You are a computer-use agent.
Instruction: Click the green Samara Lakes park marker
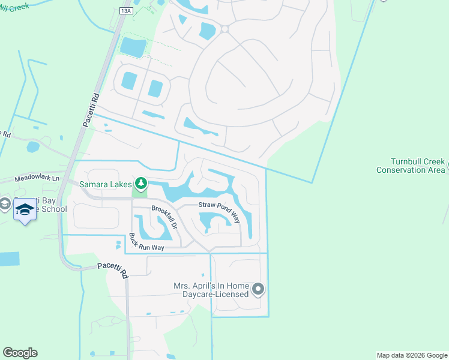click(141, 182)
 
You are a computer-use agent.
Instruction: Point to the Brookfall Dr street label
click(164, 218)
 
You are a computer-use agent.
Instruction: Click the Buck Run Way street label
click(147, 243)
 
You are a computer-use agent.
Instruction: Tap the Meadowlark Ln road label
click(38, 178)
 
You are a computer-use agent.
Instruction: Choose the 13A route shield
click(125, 11)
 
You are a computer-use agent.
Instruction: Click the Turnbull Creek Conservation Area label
click(411, 166)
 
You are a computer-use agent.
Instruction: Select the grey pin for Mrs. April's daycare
click(258, 290)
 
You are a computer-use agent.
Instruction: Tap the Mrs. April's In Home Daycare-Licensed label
click(211, 290)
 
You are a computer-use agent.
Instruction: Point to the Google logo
click(20, 353)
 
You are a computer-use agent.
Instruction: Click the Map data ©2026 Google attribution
click(412, 355)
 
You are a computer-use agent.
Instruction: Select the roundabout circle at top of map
click(224, 28)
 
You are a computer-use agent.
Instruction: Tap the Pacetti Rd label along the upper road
click(86, 109)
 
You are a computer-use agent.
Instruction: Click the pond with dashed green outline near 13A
click(133, 47)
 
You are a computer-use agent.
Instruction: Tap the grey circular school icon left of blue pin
click(5, 205)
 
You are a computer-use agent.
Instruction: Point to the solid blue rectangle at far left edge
click(8, 259)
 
